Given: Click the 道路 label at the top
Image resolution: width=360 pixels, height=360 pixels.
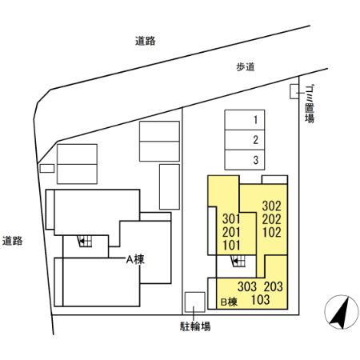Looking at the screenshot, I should coord(145,42).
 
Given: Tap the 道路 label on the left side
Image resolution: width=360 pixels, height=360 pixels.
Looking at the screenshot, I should coord(13,240).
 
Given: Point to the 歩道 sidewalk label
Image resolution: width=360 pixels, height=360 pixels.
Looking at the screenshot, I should coord(245,68).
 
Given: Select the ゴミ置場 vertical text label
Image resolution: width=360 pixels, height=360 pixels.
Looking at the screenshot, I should coord(310,105).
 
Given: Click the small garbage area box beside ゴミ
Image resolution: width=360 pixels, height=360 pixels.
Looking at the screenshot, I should coord(294,92).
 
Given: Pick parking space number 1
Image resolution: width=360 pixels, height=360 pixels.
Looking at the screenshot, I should coord(254,120).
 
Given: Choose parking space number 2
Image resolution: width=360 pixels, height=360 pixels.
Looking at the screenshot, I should coord(254,140).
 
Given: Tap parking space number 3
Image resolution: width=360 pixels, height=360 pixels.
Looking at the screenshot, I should coord(254,160).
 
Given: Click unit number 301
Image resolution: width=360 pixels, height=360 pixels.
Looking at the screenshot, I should coord(231,219).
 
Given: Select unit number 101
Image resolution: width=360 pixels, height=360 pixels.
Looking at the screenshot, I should coord(231,245).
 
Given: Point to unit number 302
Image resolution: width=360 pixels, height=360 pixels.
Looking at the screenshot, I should coord(271,204).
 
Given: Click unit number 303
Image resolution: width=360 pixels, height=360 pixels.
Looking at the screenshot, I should coord(247,286).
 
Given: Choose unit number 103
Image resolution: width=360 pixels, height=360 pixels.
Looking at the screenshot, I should coord(261,300).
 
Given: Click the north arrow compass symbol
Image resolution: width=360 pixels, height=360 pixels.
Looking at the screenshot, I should coord(340,311).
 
